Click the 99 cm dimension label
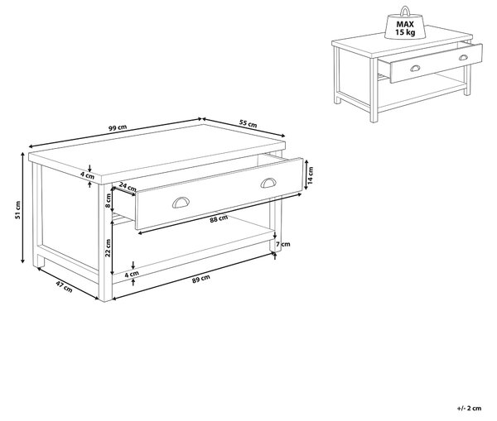(x=118, y=128)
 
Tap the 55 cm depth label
(x=248, y=123)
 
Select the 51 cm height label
(x=17, y=210)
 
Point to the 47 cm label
(x=64, y=286)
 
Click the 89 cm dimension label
(x=201, y=279)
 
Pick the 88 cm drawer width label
(x=219, y=218)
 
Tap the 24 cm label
(x=128, y=187)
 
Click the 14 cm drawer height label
(x=311, y=175)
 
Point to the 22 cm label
(x=108, y=248)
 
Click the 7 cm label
(x=283, y=244)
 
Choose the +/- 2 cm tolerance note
(x=470, y=408)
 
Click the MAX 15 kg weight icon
(x=405, y=24)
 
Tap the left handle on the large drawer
(x=181, y=203)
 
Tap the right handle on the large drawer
(x=268, y=183)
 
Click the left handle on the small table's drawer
(x=415, y=68)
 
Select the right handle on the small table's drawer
(x=463, y=58)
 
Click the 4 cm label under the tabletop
(x=87, y=175)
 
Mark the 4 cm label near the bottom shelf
(x=132, y=274)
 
